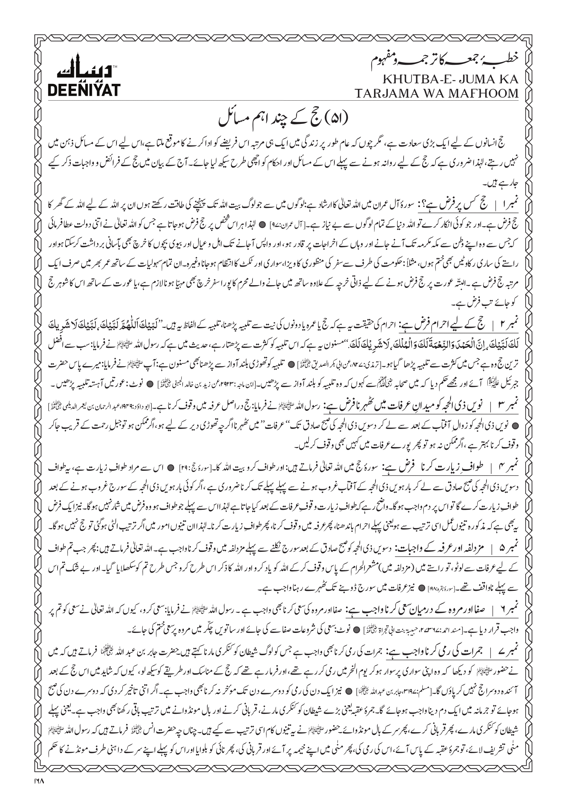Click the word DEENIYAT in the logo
click(84, 90)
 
